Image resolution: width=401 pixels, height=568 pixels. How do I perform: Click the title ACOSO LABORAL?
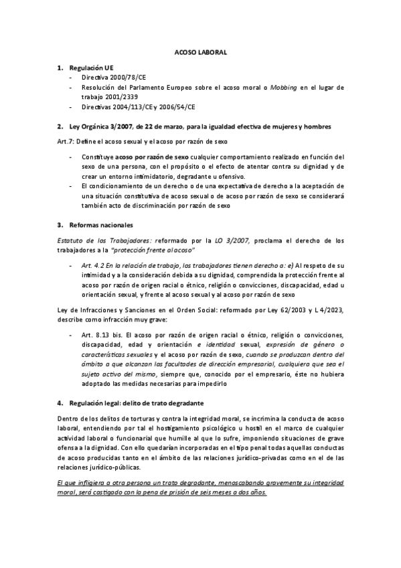click(200, 52)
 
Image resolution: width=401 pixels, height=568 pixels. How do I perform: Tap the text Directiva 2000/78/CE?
click(111, 78)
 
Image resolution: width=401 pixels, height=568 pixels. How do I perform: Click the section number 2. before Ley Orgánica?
click(60, 126)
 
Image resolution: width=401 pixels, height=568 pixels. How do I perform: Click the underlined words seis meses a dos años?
click(234, 492)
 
